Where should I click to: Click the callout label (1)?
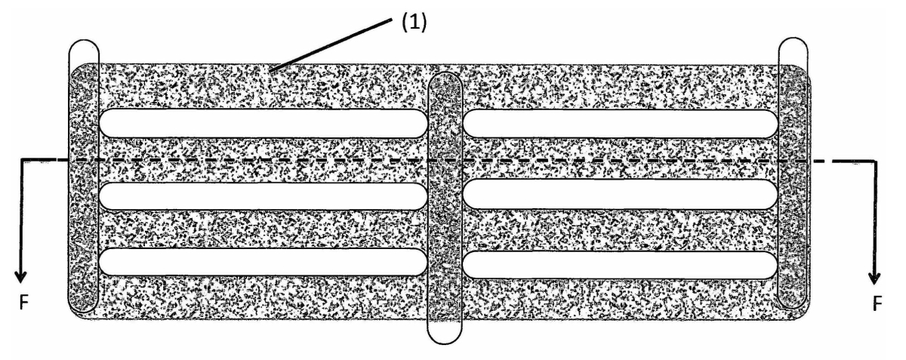click(414, 22)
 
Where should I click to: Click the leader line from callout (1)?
click(331, 45)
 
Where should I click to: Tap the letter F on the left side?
click(24, 303)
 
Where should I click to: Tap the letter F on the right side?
click(877, 303)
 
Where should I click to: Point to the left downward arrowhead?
click(20, 276)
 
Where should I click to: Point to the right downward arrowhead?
click(874, 278)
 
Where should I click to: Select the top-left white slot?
click(263, 123)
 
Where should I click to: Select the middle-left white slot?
click(263, 196)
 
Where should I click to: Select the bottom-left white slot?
click(263, 262)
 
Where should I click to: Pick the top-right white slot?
click(620, 123)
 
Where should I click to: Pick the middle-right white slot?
click(620, 194)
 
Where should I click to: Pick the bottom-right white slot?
click(620, 265)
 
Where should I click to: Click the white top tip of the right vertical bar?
click(794, 51)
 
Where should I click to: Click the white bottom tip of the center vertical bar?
click(445, 331)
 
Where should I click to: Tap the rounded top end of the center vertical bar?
click(445, 80)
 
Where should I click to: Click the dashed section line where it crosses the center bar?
click(445, 161)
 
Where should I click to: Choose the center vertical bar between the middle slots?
click(445, 195)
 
